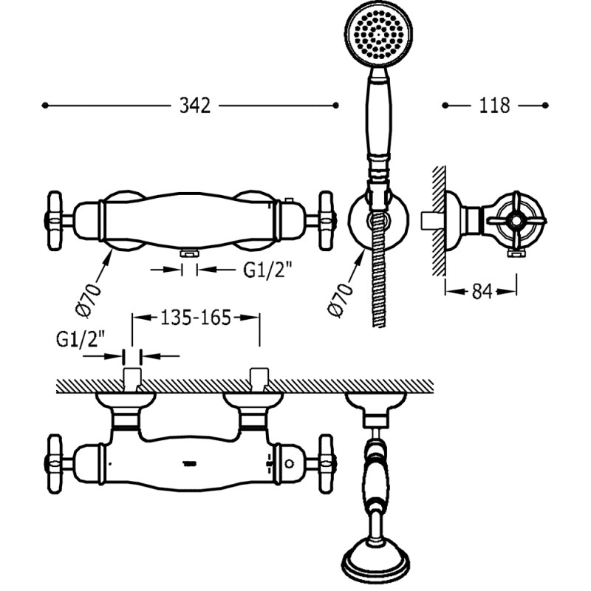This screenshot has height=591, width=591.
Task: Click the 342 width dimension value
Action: tap(195, 106)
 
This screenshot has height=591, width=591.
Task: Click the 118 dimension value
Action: tap(494, 106)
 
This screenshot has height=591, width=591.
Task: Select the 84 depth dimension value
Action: tap(482, 291)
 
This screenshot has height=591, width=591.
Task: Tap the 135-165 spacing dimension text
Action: tap(196, 318)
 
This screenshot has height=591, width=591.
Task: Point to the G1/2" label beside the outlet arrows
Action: tap(267, 270)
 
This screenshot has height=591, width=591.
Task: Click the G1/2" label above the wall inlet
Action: tap(81, 340)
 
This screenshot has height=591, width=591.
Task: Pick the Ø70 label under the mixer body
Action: tap(89, 300)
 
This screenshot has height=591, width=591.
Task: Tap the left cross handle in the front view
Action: tap(55, 221)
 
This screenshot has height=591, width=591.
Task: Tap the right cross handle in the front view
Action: tap(327, 221)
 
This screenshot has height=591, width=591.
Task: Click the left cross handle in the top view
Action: tap(55, 464)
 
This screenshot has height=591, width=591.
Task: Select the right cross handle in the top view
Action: tap(327, 464)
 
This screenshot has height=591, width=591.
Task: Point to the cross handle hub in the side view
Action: tap(514, 219)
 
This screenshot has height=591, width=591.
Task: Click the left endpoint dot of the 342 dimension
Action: tap(45, 106)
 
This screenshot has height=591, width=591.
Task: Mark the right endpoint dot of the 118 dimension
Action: tap(545, 106)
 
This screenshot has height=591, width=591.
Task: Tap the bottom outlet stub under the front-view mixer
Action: tap(189, 253)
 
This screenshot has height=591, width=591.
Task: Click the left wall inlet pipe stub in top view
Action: tap(132, 380)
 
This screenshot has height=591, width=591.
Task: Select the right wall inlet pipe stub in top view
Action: tap(260, 380)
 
